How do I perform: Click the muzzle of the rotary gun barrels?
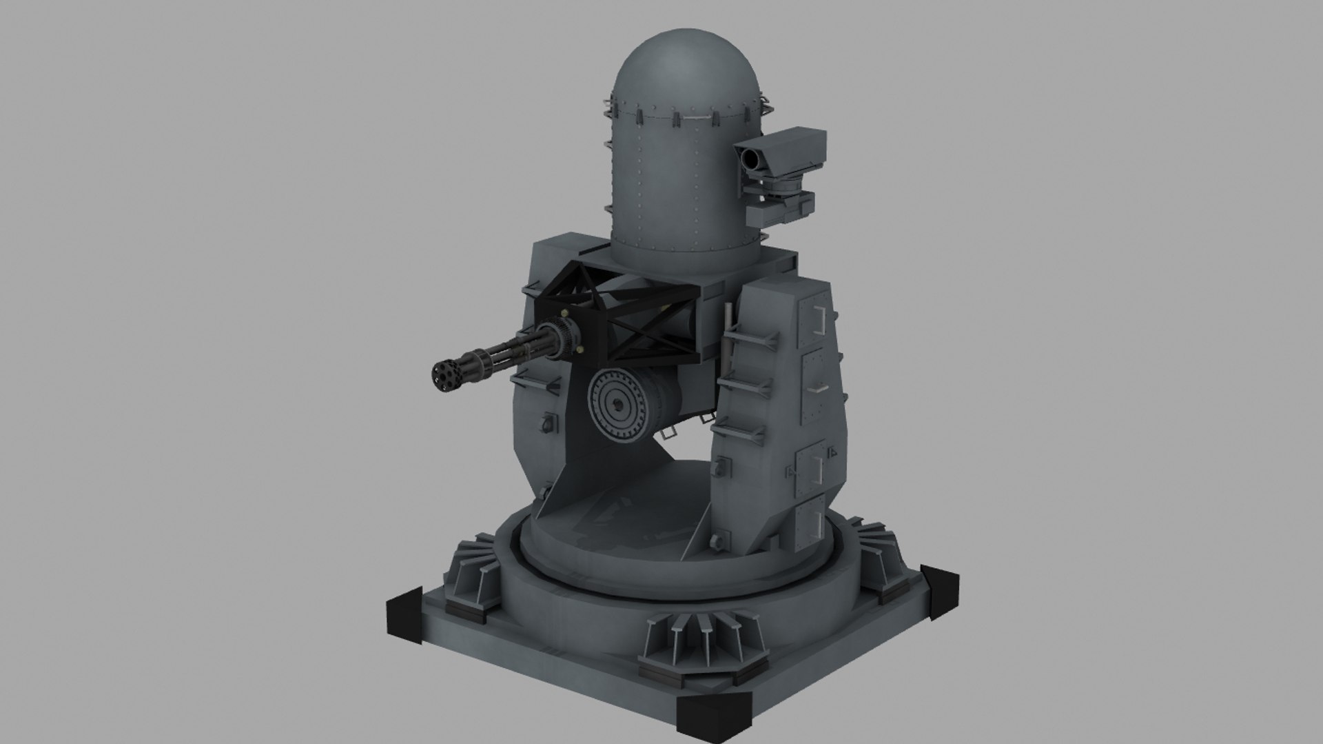441,376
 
